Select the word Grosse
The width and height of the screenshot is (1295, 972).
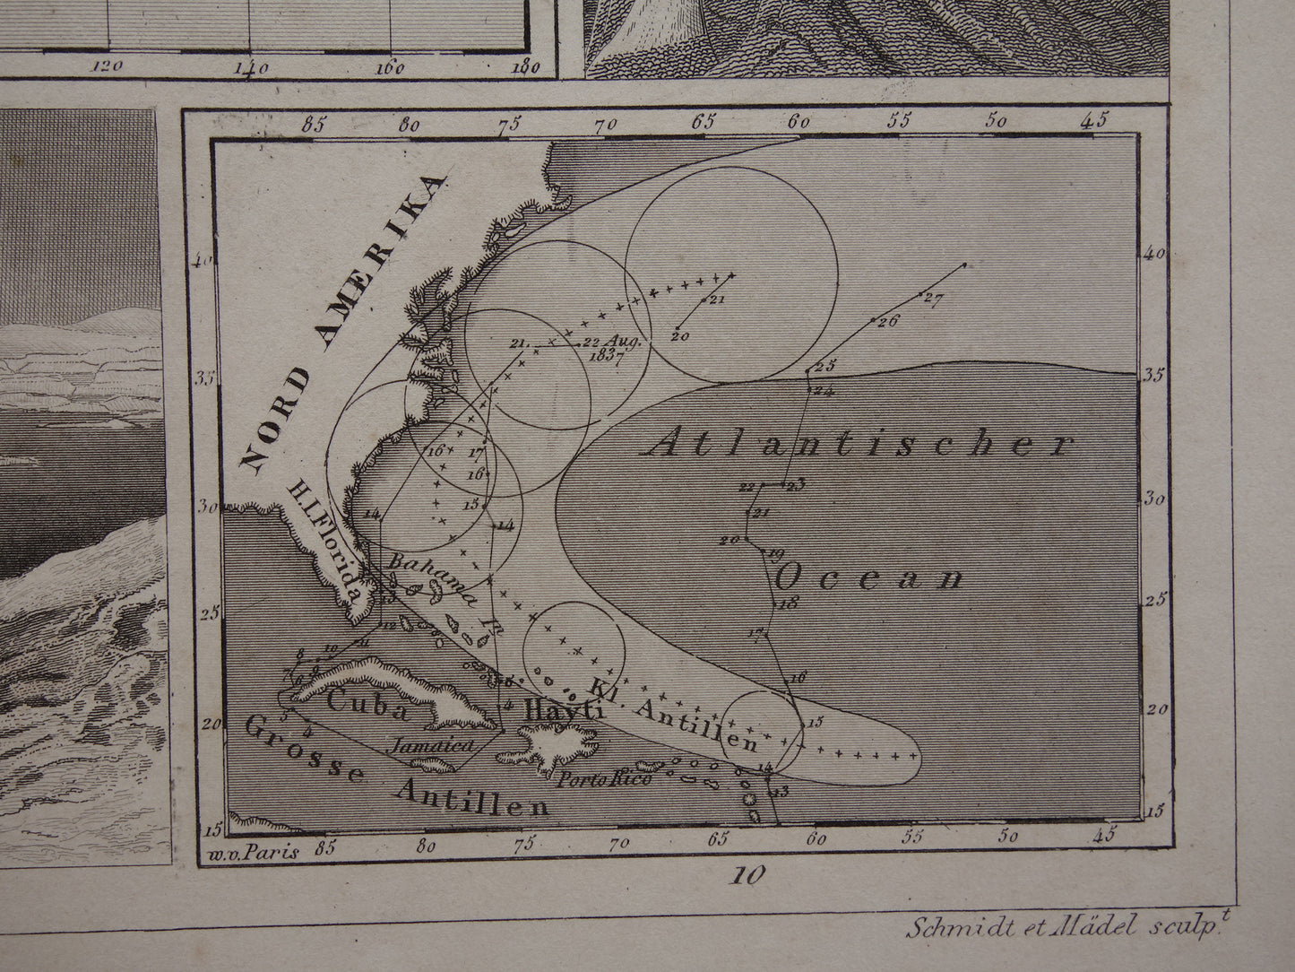coord(303,751)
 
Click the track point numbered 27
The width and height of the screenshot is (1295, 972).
coord(933,299)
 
